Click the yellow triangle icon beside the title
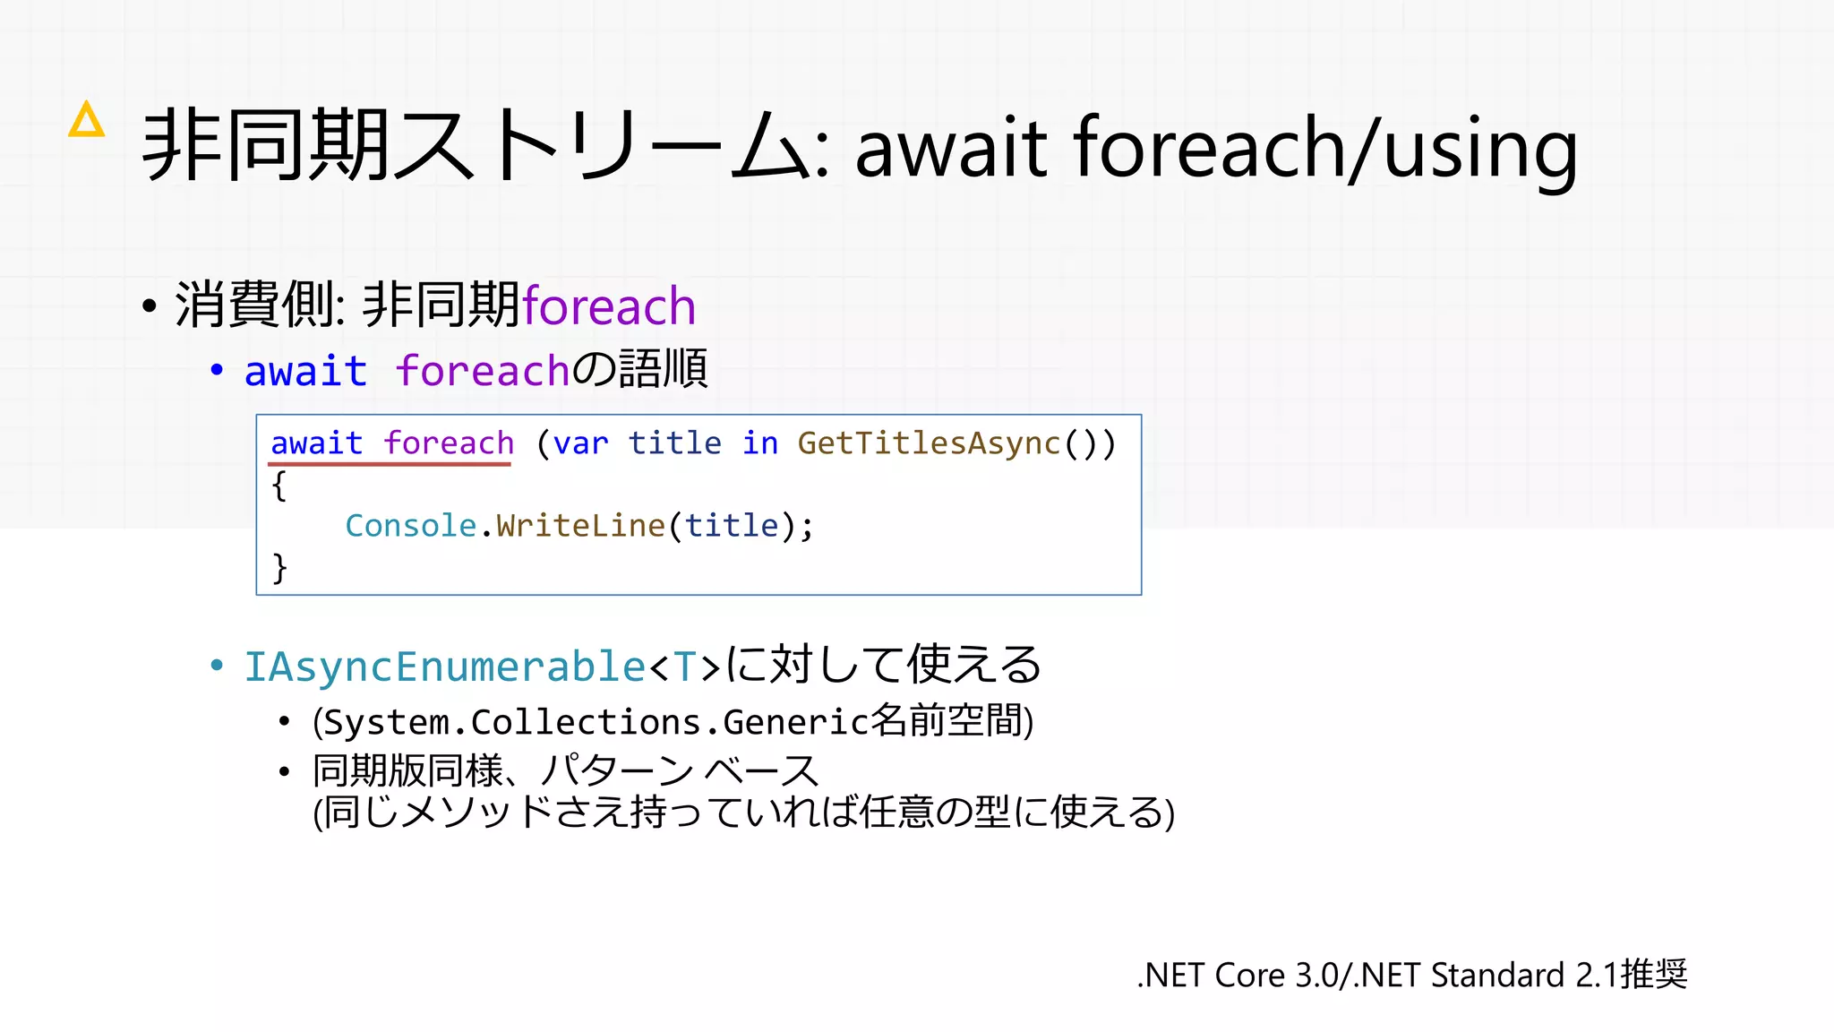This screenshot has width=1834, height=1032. [87, 121]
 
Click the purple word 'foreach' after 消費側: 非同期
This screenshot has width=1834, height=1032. [609, 306]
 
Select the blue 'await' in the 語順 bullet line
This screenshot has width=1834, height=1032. [305, 371]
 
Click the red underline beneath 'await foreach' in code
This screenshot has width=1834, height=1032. [390, 464]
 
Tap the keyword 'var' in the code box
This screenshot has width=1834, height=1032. [580, 443]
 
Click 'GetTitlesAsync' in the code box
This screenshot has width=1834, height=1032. [929, 443]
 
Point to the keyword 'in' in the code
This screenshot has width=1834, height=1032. [760, 443]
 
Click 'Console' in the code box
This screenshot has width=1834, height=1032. [410, 526]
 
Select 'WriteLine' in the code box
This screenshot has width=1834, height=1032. [580, 526]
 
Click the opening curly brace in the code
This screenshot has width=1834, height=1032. [279, 486]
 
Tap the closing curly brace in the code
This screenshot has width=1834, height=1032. [279, 567]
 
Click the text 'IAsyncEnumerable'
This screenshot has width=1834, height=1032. [444, 667]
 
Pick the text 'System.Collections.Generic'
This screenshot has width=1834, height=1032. [596, 722]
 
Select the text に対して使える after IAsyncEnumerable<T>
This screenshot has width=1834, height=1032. [883, 666]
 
